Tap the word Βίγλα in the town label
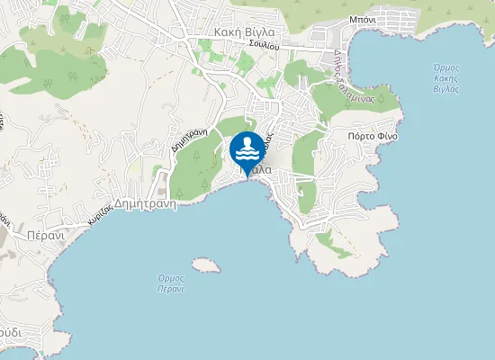pos(259,31)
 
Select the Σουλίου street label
pos(265,44)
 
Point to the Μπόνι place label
pos(362,18)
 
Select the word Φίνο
pos(388,137)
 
